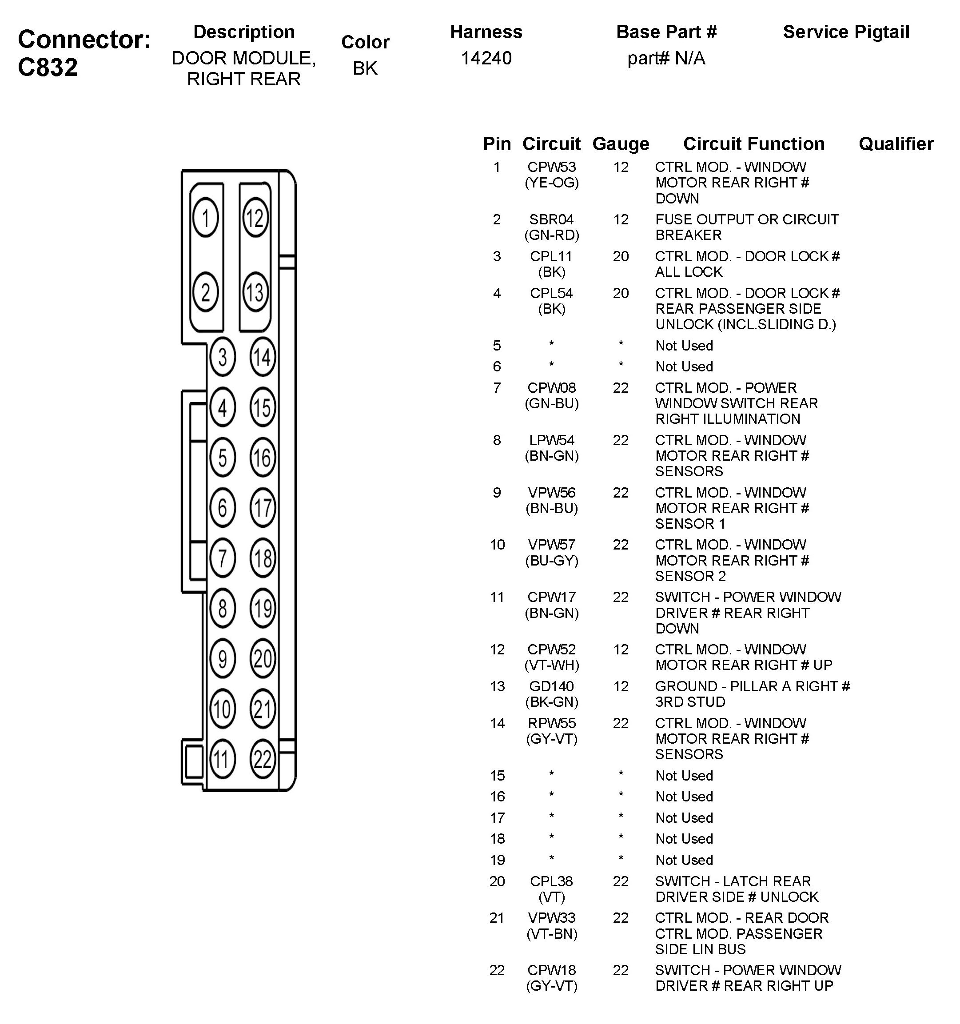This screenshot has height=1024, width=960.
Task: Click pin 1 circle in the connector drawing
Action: pyautogui.click(x=206, y=218)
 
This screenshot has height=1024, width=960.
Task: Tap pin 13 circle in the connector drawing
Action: pyautogui.click(x=255, y=293)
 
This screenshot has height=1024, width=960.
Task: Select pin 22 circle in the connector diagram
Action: pyautogui.click(x=263, y=759)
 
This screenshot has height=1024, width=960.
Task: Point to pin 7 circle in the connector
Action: pyautogui.click(x=223, y=558)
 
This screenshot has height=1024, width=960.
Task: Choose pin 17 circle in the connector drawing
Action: pyautogui.click(x=263, y=507)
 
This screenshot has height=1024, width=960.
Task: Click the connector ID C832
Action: pyautogui.click(x=48, y=67)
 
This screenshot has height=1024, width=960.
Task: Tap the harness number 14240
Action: pyautogui.click(x=486, y=58)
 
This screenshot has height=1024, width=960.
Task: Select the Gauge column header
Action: pyautogui.click(x=621, y=143)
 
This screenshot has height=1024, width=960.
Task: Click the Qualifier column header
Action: pyautogui.click(x=896, y=143)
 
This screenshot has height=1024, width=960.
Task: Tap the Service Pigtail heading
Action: pyautogui.click(x=846, y=32)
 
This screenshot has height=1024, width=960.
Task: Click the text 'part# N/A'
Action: pyautogui.click(x=666, y=58)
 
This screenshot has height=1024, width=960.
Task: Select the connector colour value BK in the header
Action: pyautogui.click(x=365, y=68)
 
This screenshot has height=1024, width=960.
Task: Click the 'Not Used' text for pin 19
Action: pyautogui.click(x=684, y=860)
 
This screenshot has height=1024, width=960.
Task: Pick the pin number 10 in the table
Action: pyautogui.click(x=497, y=545)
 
